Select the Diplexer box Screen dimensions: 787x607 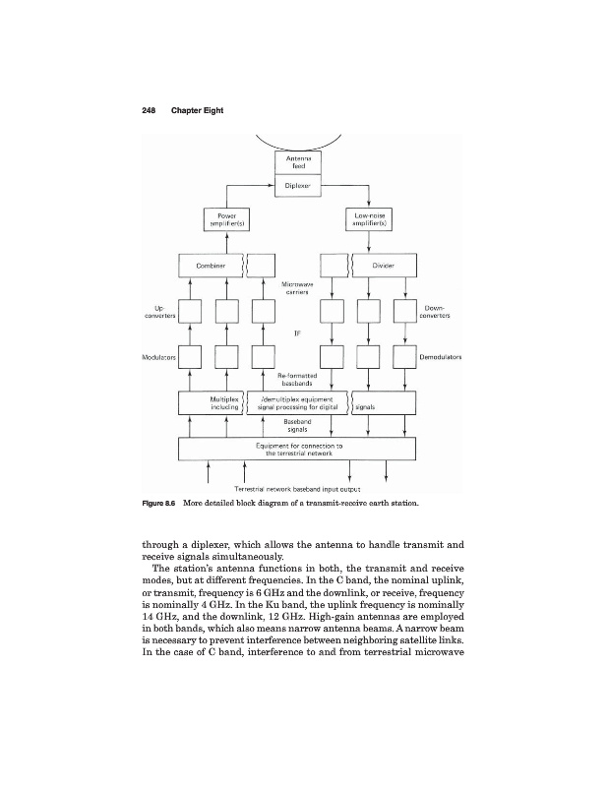[298, 184]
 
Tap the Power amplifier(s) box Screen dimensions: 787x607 [225, 219]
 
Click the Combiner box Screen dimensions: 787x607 [211, 265]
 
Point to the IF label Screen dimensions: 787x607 [298, 333]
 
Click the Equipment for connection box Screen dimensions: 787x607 [298, 450]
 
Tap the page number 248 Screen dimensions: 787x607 [135, 109]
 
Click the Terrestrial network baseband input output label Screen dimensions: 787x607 [298, 489]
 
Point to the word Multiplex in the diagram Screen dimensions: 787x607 [226, 399]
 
